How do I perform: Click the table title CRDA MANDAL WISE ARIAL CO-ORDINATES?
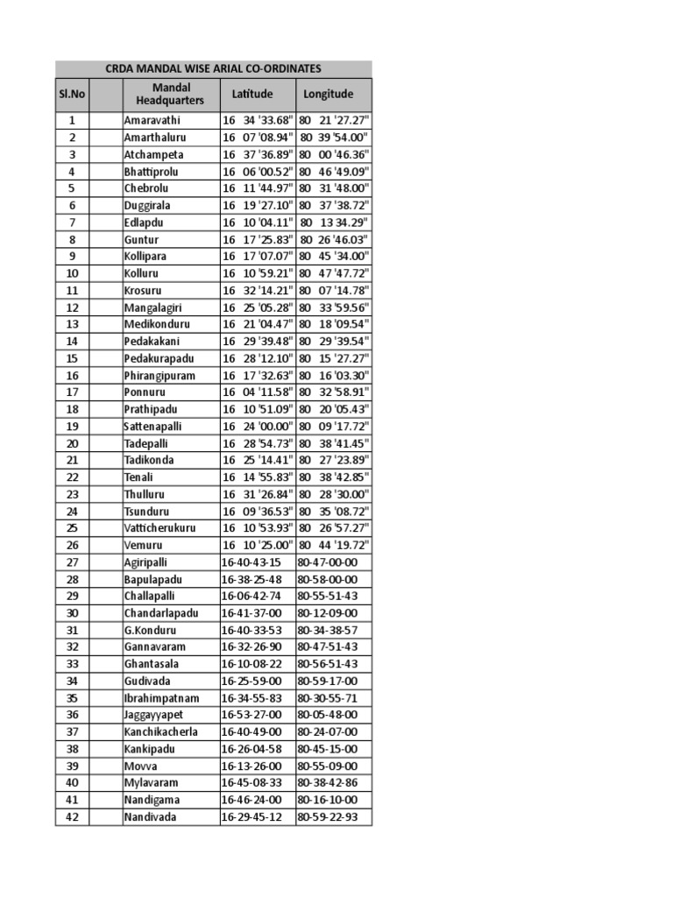click(214, 68)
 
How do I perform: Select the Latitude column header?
click(252, 94)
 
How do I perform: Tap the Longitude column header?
click(329, 94)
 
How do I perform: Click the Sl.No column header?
click(71, 94)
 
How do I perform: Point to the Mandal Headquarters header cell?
click(170, 94)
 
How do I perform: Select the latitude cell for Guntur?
click(258, 239)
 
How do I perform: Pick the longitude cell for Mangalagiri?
click(334, 307)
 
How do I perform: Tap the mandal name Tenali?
click(138, 477)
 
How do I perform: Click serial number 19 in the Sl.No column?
click(72, 427)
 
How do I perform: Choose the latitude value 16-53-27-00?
click(251, 715)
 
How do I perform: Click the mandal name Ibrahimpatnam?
click(161, 698)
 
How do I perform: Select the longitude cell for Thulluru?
click(334, 494)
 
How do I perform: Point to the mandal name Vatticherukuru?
click(159, 528)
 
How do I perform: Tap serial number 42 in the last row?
click(72, 817)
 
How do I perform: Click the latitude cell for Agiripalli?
click(251, 562)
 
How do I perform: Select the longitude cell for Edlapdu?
click(334, 222)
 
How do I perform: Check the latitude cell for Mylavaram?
click(251, 783)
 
